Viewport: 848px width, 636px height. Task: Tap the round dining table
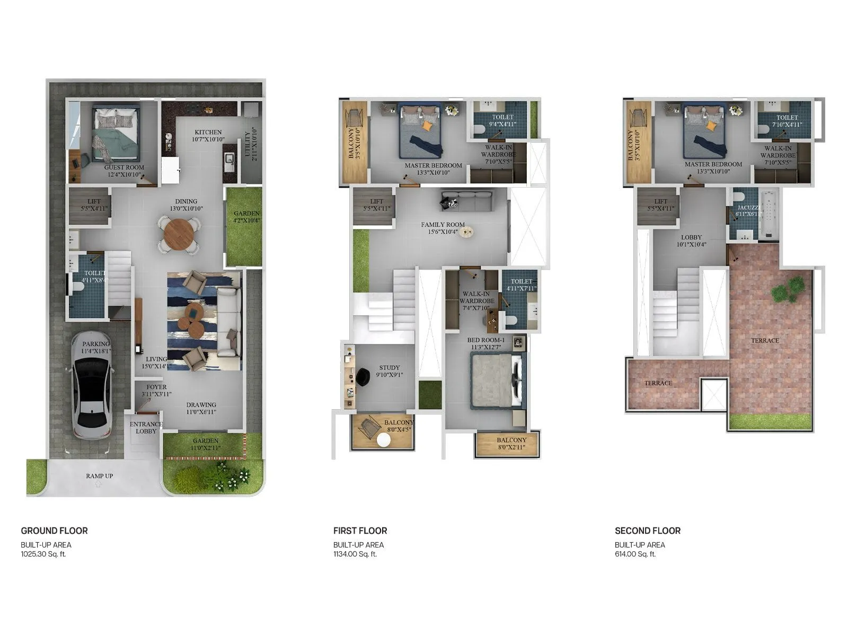tap(179, 234)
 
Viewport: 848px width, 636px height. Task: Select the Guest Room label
tap(124, 167)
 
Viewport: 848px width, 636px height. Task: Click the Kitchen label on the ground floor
tap(208, 132)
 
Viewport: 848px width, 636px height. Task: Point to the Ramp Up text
tap(99, 476)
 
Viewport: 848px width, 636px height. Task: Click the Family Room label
tap(443, 225)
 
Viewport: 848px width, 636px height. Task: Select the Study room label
tap(390, 367)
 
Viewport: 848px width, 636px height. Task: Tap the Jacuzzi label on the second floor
tap(748, 208)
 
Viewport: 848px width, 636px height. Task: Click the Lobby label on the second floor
tap(691, 237)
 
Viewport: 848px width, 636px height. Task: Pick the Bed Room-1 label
tap(485, 340)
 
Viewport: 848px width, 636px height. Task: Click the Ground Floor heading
tap(54, 531)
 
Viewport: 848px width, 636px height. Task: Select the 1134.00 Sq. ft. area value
tap(355, 554)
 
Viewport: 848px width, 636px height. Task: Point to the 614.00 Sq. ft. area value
tap(635, 554)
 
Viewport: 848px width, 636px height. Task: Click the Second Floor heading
tap(647, 531)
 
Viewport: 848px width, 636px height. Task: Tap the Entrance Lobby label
tap(146, 427)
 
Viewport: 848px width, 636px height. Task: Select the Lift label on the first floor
tap(376, 201)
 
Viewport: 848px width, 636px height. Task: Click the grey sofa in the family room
tap(466, 201)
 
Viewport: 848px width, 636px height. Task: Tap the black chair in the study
tap(364, 377)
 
